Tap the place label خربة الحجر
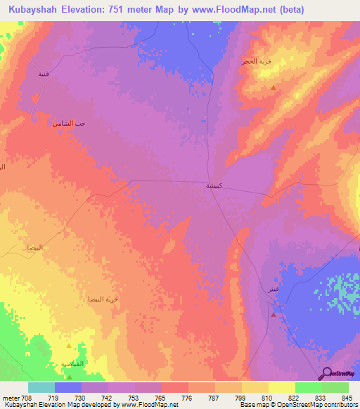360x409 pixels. pos(255,62)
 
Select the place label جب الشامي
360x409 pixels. pos(68,124)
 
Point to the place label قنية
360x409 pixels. pos(44,72)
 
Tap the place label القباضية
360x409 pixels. pos(72,363)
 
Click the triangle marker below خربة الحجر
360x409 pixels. pos(274,88)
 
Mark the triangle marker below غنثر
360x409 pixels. pos(273,315)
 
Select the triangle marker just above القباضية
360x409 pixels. pos(68,346)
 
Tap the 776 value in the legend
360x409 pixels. pos(174,398)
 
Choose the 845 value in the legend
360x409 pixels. pos(347,398)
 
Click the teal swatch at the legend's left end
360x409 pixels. pos(41,387)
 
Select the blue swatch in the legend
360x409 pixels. pos(68,387)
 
